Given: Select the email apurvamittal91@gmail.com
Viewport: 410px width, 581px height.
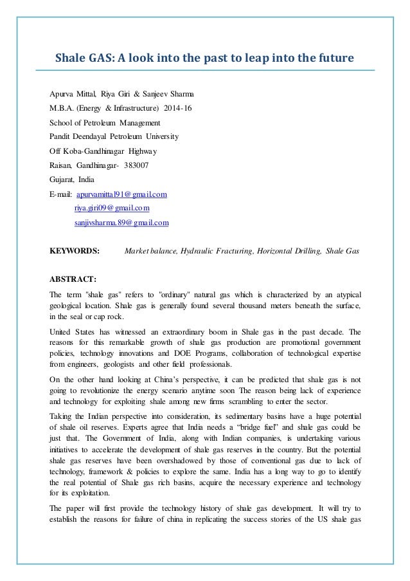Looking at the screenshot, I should pyautogui.click(x=121, y=194).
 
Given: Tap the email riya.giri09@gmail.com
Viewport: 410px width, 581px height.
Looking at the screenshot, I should pyautogui.click(x=112, y=208).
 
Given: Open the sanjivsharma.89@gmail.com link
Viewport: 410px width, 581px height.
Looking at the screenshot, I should pyautogui.click(x=121, y=223).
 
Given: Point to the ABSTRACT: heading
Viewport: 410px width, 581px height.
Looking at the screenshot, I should pyautogui.click(x=73, y=279).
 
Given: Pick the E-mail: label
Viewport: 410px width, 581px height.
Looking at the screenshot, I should pyautogui.click(x=60, y=194).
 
